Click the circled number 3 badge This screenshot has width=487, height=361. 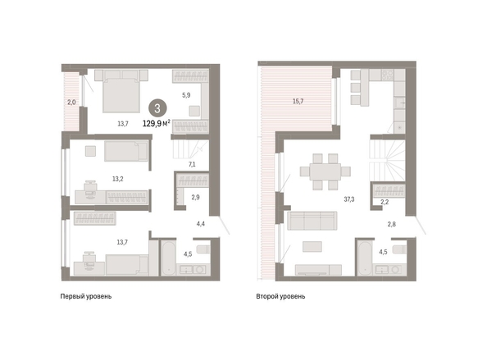[x=157, y=108]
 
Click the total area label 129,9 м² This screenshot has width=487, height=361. [x=157, y=123]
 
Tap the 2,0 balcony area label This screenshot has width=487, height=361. [x=71, y=102]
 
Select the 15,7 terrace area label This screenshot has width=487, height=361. [x=298, y=101]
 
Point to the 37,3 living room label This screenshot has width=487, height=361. [x=349, y=199]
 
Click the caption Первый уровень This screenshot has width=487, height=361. [x=86, y=296]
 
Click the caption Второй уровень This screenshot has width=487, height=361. [x=280, y=296]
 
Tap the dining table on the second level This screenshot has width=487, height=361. [x=325, y=171]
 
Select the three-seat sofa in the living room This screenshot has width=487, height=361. [x=312, y=221]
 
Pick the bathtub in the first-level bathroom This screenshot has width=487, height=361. [x=168, y=258]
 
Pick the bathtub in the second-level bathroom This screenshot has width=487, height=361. [x=365, y=258]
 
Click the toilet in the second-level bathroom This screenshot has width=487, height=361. [x=399, y=249]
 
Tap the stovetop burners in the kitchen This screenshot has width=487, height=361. [x=387, y=75]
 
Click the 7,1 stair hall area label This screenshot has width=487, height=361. [x=192, y=164]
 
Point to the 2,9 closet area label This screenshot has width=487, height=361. [x=195, y=197]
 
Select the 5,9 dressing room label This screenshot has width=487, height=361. [x=186, y=95]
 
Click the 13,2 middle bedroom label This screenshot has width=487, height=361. [x=118, y=179]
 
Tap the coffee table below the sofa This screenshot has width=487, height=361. [x=312, y=247]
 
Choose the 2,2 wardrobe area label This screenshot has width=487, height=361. [x=385, y=202]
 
